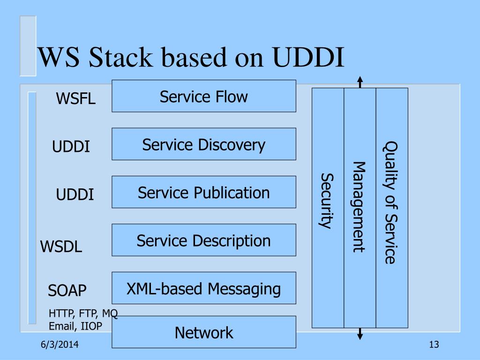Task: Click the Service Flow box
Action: pos(204,96)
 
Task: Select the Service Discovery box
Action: pos(204,144)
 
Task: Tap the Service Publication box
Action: pos(204,192)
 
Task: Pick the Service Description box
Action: pos(204,240)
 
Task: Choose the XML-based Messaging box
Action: pos(204,288)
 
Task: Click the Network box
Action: pos(204,332)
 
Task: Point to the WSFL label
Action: pos(75,98)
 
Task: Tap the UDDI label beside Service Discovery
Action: pos(71,146)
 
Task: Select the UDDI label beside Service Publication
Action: pos(75,195)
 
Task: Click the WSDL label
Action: pos(61,246)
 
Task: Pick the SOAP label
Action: pos(67,290)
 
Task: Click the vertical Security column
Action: pos(328,208)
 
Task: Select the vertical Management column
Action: pos(360,208)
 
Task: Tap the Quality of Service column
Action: pos(392,208)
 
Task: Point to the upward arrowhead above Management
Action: pos(360,79)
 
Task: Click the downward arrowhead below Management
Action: pos(360,337)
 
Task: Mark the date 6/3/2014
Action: pos(60,345)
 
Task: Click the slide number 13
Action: pos(434,345)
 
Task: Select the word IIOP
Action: pos(91,326)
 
